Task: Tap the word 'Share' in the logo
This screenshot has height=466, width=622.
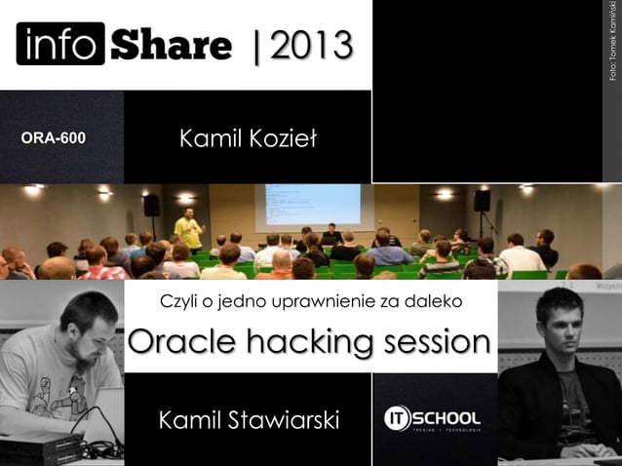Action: (172, 44)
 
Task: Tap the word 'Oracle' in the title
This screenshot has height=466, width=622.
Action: (182, 343)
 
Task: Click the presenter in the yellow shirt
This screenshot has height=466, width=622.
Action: (189, 230)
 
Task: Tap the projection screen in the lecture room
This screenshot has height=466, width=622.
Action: (307, 206)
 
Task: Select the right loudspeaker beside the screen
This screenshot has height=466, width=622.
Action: (482, 201)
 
